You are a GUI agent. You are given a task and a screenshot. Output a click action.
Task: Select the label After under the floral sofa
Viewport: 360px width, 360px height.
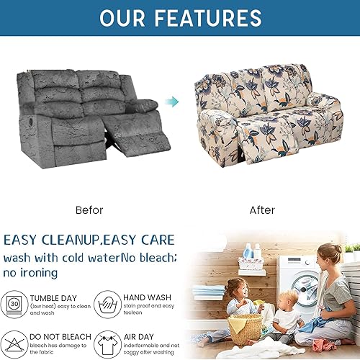pyautogui.click(x=261, y=210)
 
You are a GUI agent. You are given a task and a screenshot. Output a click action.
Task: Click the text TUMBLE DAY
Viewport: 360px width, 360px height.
pyautogui.click(x=58, y=295)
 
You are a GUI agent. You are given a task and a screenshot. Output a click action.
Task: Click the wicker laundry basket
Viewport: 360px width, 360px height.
pyautogui.click(x=246, y=328)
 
